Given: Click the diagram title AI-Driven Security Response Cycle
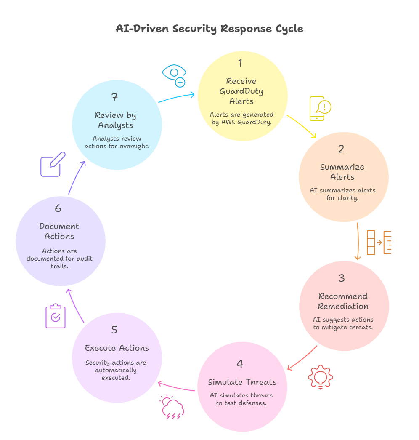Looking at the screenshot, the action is click(209, 29).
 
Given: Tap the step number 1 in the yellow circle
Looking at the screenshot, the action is click(240, 63).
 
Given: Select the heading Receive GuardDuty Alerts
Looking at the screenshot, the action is click(241, 91).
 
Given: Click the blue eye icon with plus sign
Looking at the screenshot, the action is click(174, 76).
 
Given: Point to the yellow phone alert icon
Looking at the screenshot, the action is click(320, 109).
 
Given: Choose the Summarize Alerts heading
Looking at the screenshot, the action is click(342, 172).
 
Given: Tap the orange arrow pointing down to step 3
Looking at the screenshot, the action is click(358, 241).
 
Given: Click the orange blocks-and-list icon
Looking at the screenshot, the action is click(379, 243).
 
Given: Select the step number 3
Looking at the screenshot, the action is click(342, 278).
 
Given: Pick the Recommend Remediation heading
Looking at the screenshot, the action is click(343, 301).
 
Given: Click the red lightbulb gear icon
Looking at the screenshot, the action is click(321, 377).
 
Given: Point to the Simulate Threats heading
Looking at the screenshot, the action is click(242, 382).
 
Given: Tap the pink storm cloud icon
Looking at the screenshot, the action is click(172, 407).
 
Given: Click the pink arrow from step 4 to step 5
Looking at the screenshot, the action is click(176, 387).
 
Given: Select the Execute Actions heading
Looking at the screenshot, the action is click(117, 348).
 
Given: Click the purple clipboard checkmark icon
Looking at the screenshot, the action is click(56, 316).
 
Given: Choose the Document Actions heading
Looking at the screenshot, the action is click(59, 231).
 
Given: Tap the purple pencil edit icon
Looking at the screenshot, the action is click(53, 165).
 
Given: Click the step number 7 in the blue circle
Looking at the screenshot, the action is click(114, 97).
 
